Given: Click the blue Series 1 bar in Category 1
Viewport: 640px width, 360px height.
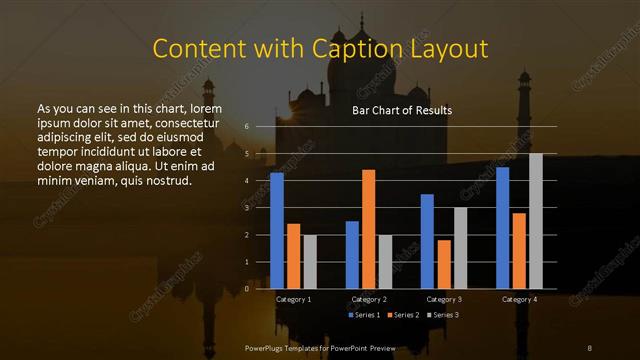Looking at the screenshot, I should click(277, 231).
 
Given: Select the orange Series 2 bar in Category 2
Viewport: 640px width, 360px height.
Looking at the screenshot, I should click(368, 229).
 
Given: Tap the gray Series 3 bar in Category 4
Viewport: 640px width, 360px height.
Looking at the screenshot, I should click(535, 221).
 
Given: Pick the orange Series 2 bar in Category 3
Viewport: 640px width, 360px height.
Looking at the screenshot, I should click(443, 264).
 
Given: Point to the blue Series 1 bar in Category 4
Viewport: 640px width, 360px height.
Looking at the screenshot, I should click(502, 228).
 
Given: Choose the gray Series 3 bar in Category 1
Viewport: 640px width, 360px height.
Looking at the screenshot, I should click(310, 262).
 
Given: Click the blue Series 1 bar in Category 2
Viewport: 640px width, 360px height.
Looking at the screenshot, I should click(352, 255).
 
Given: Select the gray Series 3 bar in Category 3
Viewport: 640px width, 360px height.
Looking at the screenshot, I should click(460, 248).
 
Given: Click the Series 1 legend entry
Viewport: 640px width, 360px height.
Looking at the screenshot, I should click(365, 315).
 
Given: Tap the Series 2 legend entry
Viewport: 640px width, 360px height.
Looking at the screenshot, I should click(404, 315).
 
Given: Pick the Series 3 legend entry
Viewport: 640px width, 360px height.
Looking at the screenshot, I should click(443, 315).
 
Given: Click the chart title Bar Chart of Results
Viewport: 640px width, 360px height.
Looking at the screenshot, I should click(402, 110).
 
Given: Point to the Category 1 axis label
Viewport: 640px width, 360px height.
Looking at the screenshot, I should click(293, 299).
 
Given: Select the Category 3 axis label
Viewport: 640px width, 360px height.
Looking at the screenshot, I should click(443, 299).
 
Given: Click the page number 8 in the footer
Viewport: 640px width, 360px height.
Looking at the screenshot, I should click(590, 347).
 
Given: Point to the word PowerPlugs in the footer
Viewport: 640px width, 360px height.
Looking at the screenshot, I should click(265, 347).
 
